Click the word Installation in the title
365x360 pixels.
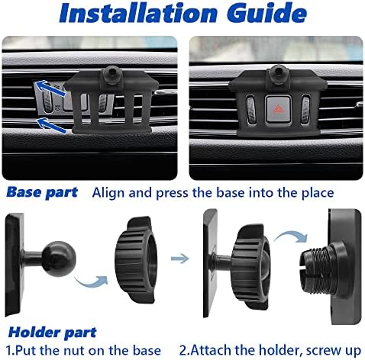click(138, 13)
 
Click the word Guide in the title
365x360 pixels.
click(266, 13)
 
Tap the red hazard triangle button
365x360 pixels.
click(278, 109)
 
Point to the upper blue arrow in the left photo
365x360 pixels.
click(50, 88)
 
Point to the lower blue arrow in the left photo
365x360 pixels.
click(52, 125)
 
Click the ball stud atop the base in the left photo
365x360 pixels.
click(112, 73)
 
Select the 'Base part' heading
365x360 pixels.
click(42, 192)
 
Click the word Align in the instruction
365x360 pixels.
click(108, 193)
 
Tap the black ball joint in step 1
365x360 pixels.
click(59, 259)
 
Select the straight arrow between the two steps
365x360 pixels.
click(179, 259)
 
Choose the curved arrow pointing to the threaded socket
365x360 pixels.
click(291, 237)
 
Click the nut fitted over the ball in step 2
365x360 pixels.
click(250, 265)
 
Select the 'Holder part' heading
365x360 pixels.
click(52, 333)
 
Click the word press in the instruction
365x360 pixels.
click(173, 194)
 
